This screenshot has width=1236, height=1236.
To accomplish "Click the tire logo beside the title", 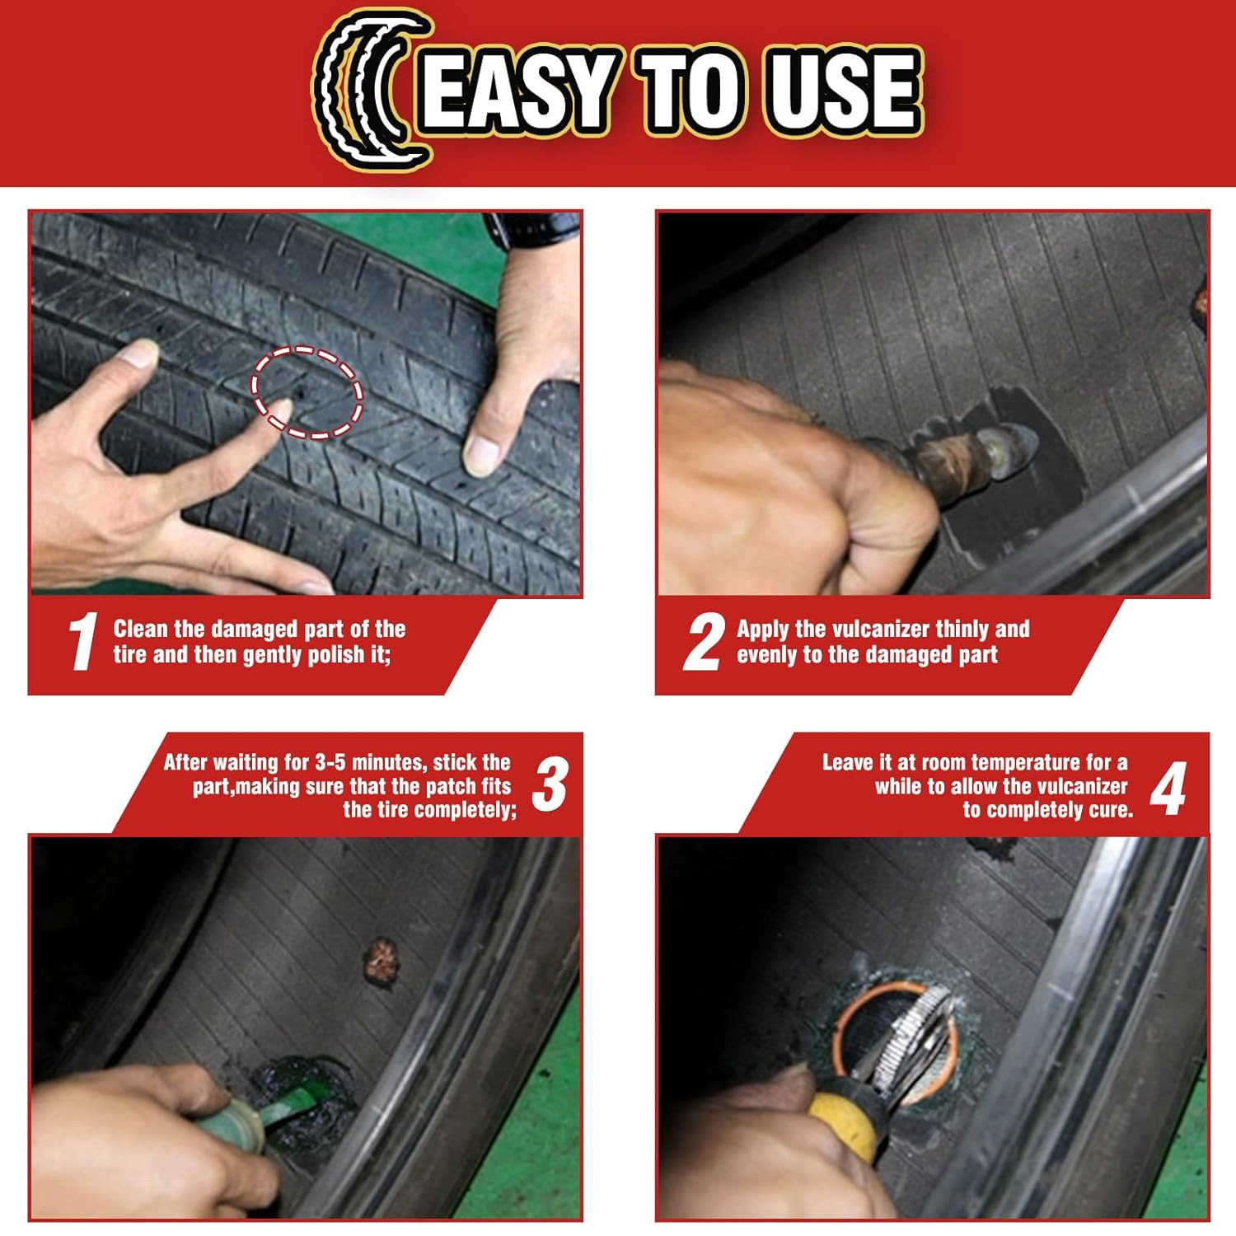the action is pos(371,88).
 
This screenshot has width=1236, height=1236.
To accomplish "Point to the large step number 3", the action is pos(550,784).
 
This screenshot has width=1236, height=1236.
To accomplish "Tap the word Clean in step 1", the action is pos(141,629).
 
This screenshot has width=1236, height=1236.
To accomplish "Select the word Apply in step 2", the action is pos(764,630).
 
